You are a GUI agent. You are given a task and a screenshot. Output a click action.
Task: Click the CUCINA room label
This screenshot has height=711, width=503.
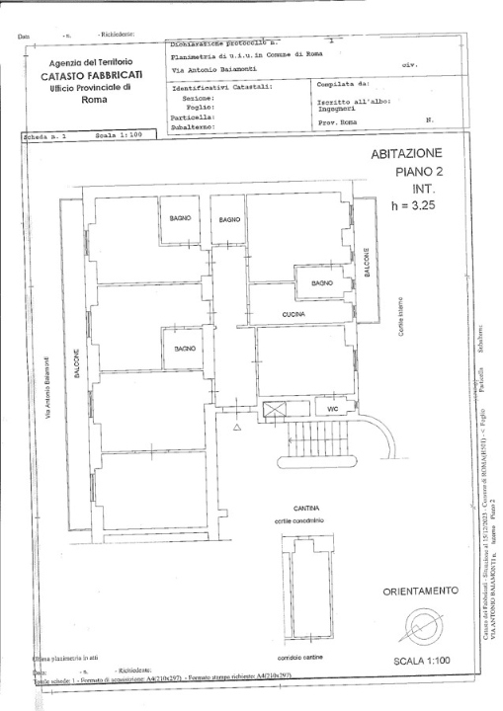pyautogui.click(x=293, y=314)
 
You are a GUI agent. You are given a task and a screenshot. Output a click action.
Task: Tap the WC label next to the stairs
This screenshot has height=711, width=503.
pyautogui.click(x=332, y=407)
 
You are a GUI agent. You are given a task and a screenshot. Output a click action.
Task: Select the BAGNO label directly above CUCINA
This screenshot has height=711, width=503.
pyautogui.click(x=322, y=282)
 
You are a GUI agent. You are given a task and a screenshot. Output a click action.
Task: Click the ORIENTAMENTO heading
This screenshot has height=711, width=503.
pyautogui.click(x=420, y=591)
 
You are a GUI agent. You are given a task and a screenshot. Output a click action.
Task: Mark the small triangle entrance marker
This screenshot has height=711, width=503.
pyautogui.click(x=236, y=429)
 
